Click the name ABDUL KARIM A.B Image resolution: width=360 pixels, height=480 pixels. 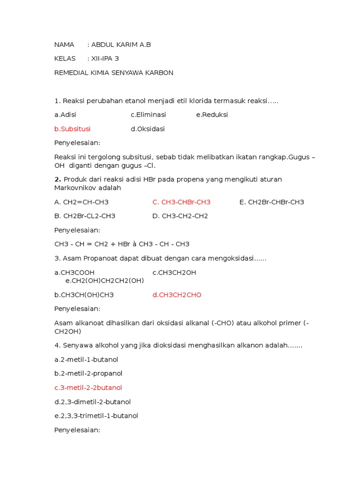[121, 45]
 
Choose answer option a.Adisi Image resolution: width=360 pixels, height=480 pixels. [65, 115]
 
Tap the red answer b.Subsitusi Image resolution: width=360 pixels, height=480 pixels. [72, 129]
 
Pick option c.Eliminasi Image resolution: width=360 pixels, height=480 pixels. [148, 115]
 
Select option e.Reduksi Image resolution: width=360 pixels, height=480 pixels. [212, 115]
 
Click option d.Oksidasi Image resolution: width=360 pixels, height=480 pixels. [148, 129]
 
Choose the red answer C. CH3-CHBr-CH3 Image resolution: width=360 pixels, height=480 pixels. [181, 202]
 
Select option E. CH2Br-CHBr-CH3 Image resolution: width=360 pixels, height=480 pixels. [271, 202]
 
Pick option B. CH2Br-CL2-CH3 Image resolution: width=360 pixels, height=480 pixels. [85, 216]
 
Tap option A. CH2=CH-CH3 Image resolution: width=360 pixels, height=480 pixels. [82, 202]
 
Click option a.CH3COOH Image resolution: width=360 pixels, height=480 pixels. [75, 272]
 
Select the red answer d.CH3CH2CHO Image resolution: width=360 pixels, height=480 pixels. [177, 295]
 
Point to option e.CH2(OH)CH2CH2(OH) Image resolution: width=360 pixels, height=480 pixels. [105, 280]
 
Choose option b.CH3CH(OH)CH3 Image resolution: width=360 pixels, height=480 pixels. [84, 295]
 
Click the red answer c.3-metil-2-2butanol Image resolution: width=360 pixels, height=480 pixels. [88, 388]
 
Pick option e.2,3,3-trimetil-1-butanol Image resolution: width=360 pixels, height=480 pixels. [96, 416]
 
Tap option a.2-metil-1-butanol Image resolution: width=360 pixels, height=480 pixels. [86, 360]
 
